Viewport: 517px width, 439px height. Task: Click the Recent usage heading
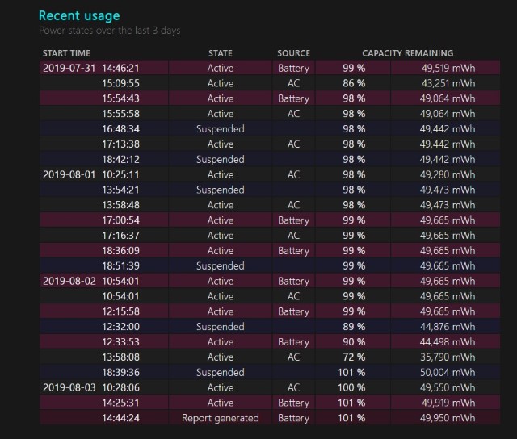click(79, 15)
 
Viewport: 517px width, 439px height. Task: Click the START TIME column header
click(66, 53)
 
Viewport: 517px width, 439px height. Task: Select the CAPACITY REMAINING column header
click(407, 53)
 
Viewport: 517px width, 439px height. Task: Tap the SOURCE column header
click(293, 53)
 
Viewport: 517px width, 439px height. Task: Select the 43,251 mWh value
click(448, 83)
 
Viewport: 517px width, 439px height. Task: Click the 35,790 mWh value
click(448, 357)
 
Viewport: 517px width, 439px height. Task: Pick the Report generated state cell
click(220, 418)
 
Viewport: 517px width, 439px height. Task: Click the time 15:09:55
click(120, 83)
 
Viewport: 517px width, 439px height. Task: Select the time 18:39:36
click(120, 372)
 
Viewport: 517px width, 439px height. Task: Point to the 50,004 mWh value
click(448, 372)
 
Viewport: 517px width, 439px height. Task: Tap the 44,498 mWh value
click(448, 342)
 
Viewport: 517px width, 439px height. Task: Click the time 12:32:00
click(120, 327)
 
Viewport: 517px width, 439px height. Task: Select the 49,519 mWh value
click(448, 69)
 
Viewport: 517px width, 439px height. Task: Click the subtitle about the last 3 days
click(109, 31)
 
